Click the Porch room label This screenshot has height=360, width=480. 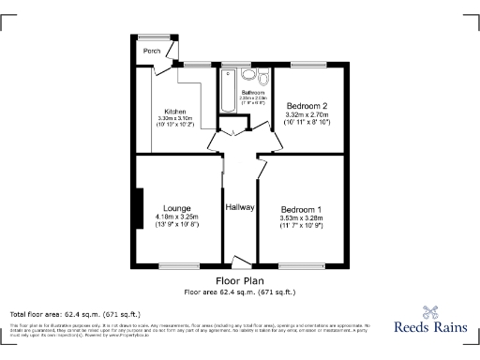pos(151,52)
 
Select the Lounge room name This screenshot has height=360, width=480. pos(177,207)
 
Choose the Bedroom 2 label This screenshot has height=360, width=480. pos(307,106)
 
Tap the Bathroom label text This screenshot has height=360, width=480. pos(253,93)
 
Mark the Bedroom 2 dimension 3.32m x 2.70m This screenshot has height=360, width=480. pos(307,116)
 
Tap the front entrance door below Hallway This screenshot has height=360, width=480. pos(240,263)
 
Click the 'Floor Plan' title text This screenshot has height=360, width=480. pos(240,280)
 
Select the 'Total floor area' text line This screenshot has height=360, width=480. pos(75,313)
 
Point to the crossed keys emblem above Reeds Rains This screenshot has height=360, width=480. pos(430,311)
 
